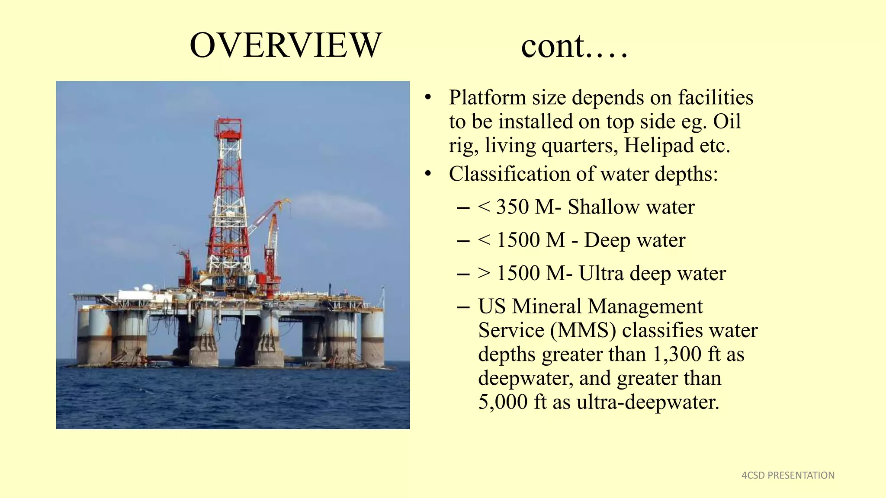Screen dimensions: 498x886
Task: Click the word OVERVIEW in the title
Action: pyautogui.click(x=286, y=45)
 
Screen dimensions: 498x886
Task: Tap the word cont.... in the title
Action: pyautogui.click(x=574, y=46)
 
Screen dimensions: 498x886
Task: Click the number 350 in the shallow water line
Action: pyautogui.click(x=512, y=207)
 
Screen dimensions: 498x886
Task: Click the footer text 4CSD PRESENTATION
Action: pyautogui.click(x=788, y=475)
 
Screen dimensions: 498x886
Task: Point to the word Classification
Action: pyautogui.click(x=509, y=174)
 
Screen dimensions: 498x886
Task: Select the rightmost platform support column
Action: pyautogui.click(x=372, y=337)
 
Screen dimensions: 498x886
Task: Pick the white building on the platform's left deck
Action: pyautogui.click(x=135, y=295)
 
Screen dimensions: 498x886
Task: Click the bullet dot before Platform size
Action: pyautogui.click(x=428, y=98)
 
